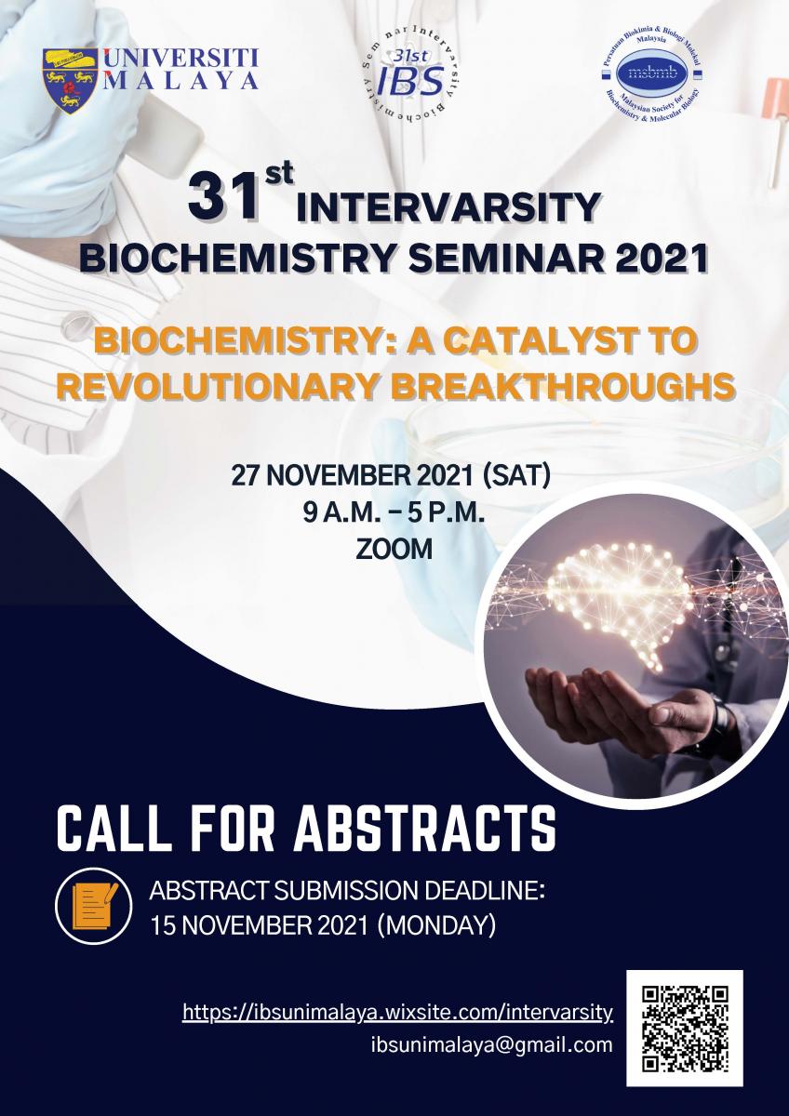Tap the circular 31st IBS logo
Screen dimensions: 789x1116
click(410, 78)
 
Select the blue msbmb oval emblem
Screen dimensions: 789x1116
click(652, 73)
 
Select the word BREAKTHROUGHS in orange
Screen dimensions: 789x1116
click(563, 385)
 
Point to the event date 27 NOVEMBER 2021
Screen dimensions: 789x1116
click(352, 476)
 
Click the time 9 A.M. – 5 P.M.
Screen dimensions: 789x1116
click(394, 513)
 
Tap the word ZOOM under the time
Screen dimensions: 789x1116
click(394, 550)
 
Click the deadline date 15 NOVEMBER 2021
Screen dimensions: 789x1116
click(261, 925)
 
